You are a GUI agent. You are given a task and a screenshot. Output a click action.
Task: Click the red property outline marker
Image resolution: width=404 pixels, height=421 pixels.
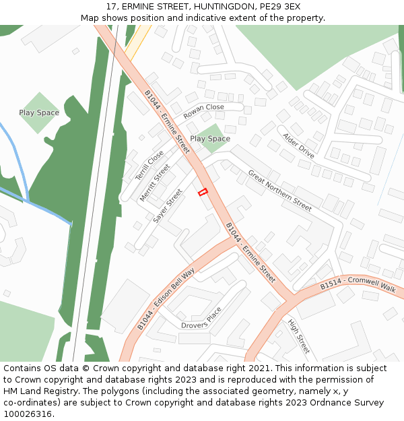point(203,193)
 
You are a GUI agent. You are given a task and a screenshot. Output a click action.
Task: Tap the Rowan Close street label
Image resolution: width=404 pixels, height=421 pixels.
point(203,111)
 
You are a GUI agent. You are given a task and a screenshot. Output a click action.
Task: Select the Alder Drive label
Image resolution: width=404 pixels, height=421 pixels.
point(298,145)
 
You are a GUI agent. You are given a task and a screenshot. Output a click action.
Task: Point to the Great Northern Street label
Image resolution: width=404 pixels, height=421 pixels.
point(280,191)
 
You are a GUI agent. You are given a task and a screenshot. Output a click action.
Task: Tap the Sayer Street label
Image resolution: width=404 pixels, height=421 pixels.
point(168,205)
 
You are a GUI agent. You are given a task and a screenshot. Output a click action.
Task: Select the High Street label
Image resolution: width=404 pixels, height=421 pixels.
point(299,336)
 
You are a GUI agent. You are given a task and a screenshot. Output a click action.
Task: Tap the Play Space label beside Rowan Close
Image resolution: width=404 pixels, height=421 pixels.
point(210,139)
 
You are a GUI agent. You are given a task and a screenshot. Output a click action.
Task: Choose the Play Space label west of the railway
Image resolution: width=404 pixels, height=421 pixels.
point(39,112)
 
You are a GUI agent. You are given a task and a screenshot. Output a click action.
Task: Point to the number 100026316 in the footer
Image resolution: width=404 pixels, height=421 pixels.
point(28,414)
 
